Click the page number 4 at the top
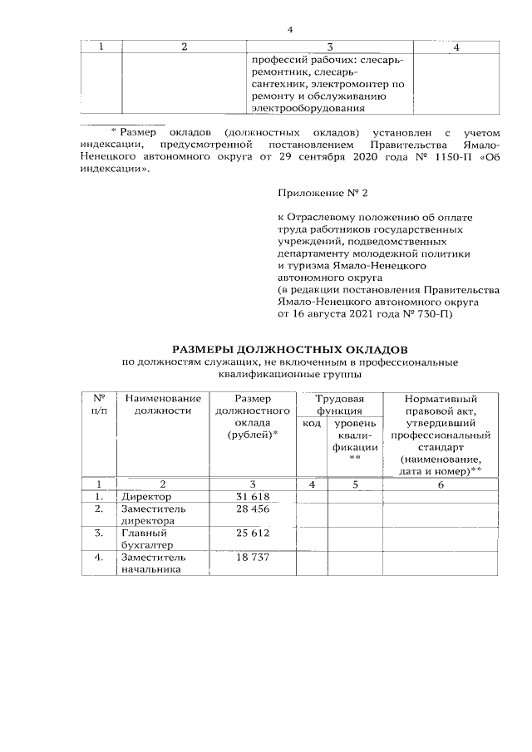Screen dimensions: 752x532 click(290, 30)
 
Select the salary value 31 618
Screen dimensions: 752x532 click(252, 497)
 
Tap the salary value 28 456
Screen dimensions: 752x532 click(252, 509)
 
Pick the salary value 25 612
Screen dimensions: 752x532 click(252, 533)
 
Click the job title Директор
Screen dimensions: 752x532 click(145, 497)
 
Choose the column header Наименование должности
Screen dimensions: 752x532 click(163, 404)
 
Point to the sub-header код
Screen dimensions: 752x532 click(312, 424)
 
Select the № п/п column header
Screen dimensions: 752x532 click(99, 404)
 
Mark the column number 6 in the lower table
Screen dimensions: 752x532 click(441, 484)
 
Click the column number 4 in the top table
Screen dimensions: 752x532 click(456, 47)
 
